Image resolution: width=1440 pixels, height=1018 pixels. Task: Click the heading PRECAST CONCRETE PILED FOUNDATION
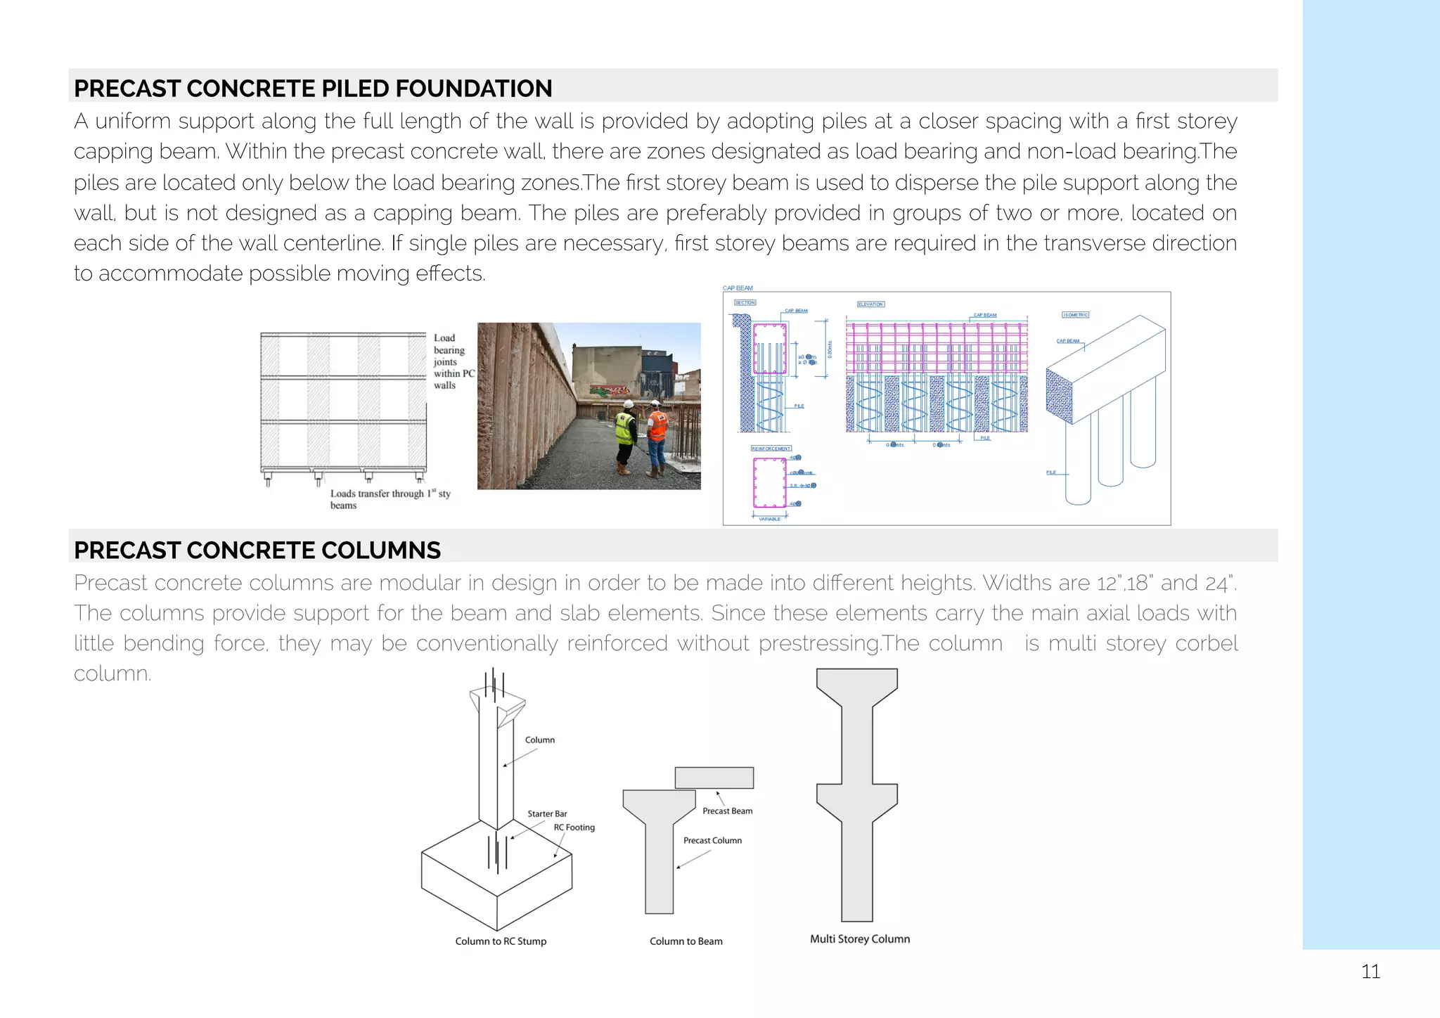point(313,89)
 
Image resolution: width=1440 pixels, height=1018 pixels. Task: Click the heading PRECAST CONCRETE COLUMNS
point(257,550)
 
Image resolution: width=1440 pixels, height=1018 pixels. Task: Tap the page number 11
point(1370,972)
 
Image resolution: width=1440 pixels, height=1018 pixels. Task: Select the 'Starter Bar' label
point(547,813)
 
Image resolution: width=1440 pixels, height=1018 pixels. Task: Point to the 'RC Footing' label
point(574,827)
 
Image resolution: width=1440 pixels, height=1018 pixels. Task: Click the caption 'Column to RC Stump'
point(501,941)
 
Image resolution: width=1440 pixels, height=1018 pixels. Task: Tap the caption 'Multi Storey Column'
point(859,939)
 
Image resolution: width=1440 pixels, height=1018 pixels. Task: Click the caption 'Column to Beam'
point(686,941)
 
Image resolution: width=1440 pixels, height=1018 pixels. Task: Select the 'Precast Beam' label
point(727,811)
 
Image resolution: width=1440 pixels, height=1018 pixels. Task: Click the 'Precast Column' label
point(712,841)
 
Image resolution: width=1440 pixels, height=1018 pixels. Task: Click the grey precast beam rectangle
point(714,778)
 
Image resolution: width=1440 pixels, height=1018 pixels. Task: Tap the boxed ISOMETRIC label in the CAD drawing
point(1075,315)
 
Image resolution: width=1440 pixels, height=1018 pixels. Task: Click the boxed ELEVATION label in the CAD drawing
point(870,304)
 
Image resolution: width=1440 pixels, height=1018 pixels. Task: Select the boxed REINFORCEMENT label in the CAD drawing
point(771,449)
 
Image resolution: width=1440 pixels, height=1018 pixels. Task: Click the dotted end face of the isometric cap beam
point(1060,396)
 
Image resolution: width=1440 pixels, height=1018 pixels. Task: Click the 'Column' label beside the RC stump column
point(539,740)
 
